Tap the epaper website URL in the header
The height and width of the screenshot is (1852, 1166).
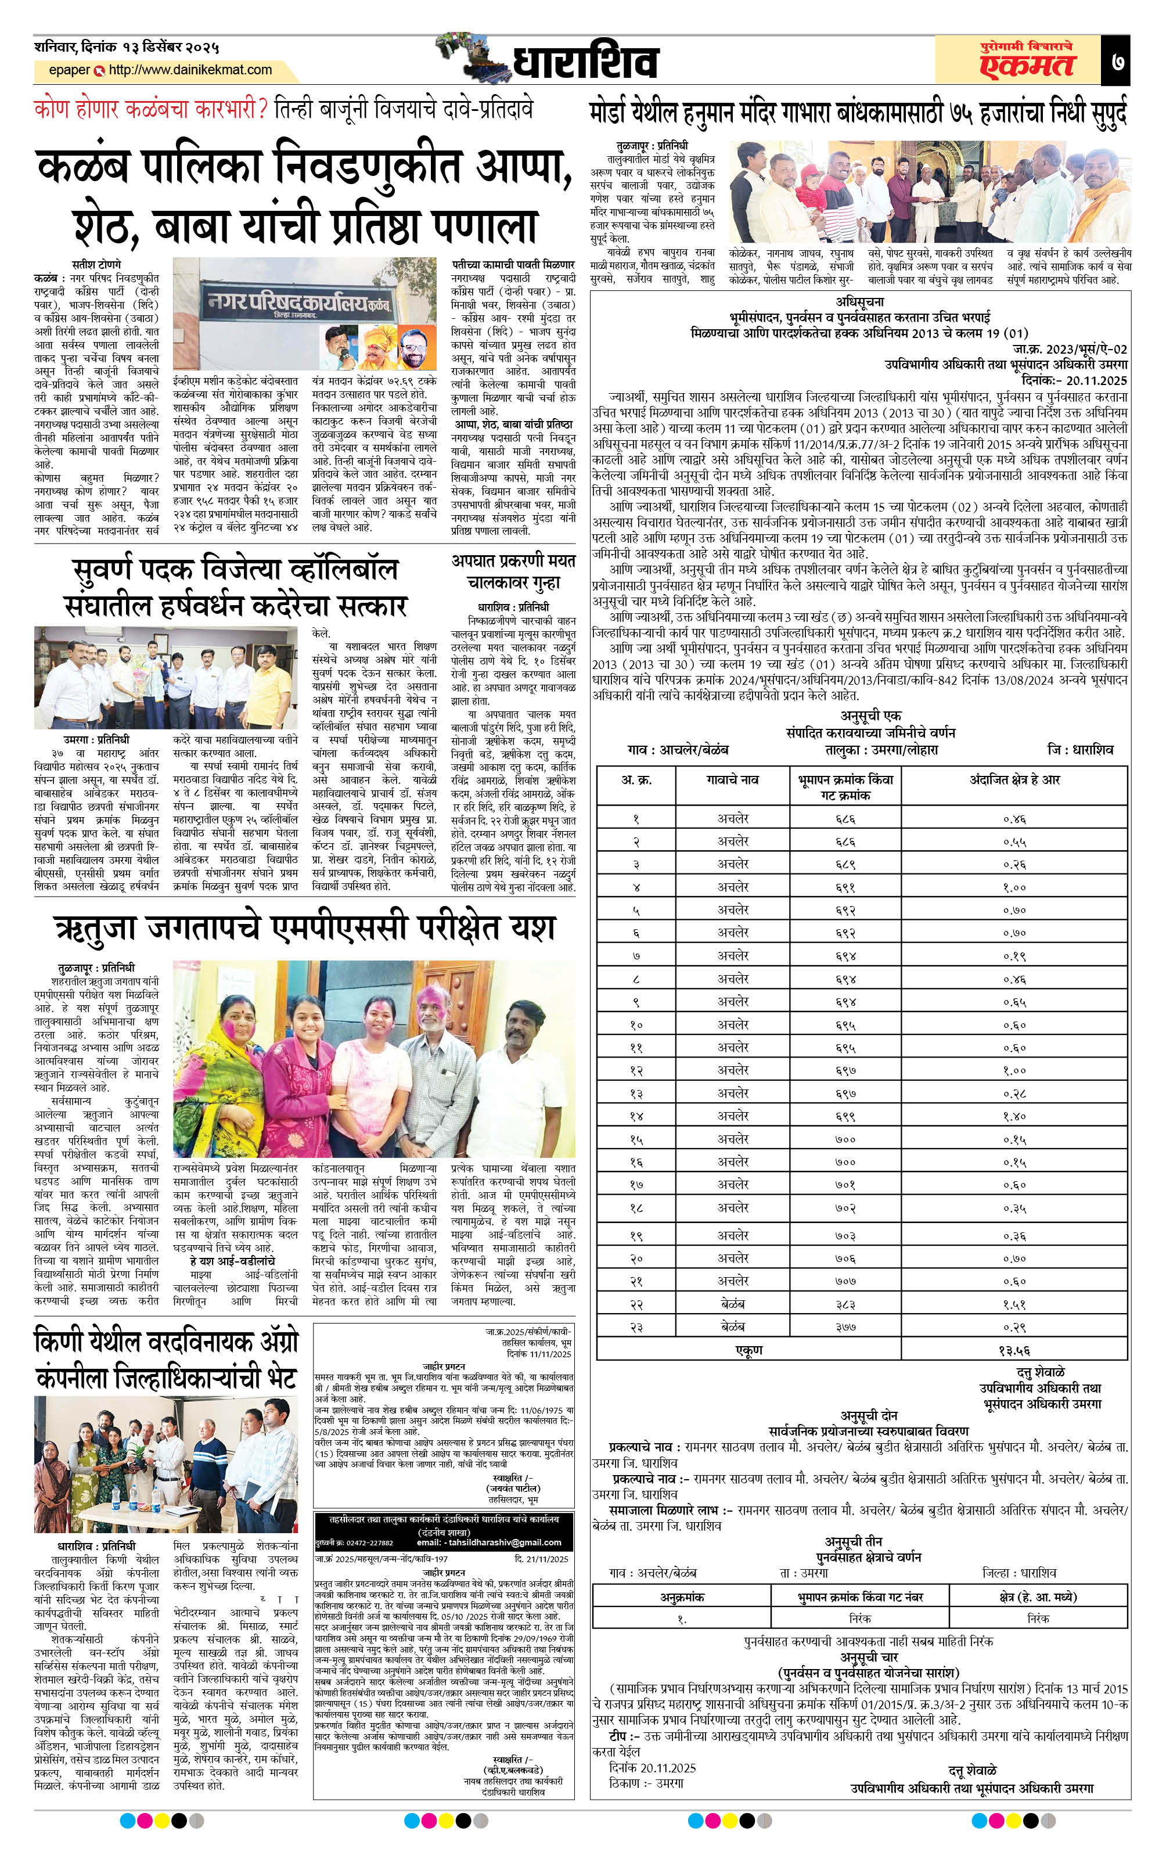click(x=190, y=70)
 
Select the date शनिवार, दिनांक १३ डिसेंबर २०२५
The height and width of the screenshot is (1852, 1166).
click(x=127, y=47)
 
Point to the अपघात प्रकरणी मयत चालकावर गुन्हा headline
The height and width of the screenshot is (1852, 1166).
click(x=513, y=571)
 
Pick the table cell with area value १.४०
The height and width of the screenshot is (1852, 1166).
click(x=1014, y=1116)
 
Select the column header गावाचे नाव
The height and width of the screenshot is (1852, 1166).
click(x=732, y=779)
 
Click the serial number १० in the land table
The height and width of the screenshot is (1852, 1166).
click(x=636, y=1024)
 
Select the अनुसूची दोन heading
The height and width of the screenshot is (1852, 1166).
click(x=868, y=1415)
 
